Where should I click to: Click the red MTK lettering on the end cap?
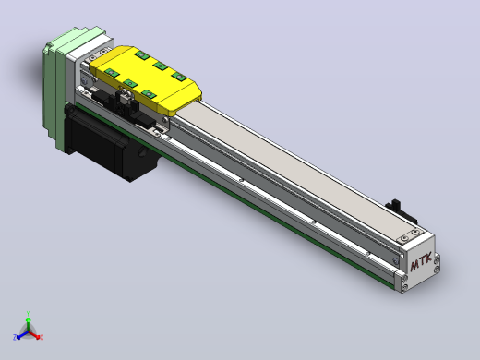click(x=421, y=262)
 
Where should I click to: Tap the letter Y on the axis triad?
click(x=28, y=314)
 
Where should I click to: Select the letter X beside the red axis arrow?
click(x=42, y=337)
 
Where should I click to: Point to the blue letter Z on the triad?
click(x=15, y=337)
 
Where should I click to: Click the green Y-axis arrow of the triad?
click(x=28, y=324)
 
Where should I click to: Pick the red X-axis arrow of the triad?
click(x=34, y=335)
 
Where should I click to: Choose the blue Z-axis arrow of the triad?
click(x=22, y=335)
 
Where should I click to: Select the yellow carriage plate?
click(x=145, y=79)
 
